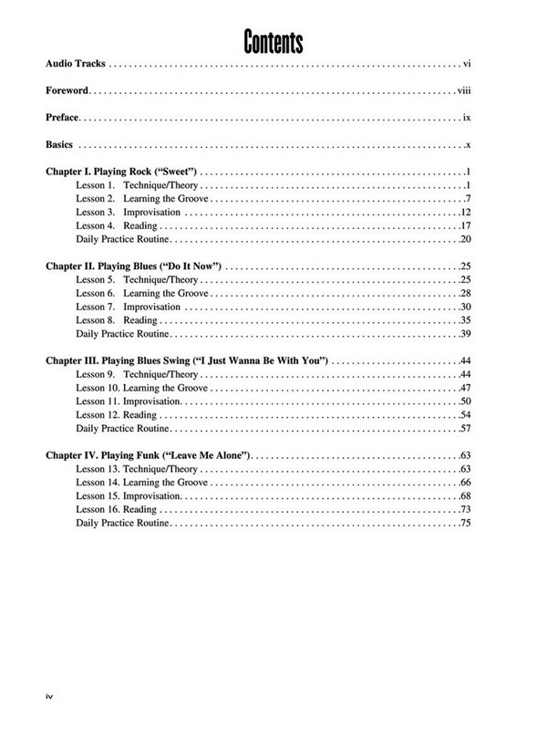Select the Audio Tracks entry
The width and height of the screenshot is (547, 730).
tap(77, 65)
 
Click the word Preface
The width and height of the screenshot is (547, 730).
tap(63, 119)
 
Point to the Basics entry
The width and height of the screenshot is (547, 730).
tap(61, 146)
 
